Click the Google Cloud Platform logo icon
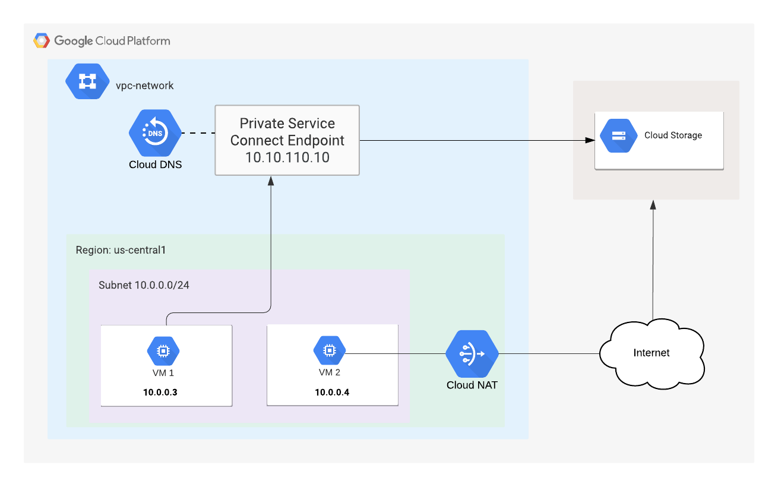pos(42,40)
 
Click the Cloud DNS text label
pos(155,165)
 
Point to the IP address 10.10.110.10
pos(287,157)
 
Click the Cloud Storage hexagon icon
pos(618,135)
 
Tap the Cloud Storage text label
pos(673,135)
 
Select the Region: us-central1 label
pos(121,250)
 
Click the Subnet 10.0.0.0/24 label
pos(144,285)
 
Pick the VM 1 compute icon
pos(162,352)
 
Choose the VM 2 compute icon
pos(328,352)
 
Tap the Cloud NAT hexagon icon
pos(472,354)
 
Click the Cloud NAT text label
pos(472,385)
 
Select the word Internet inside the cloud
pos(652,353)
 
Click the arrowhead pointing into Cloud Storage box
pos(590,141)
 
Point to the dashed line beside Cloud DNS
pos(197,133)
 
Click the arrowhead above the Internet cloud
pos(653,205)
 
